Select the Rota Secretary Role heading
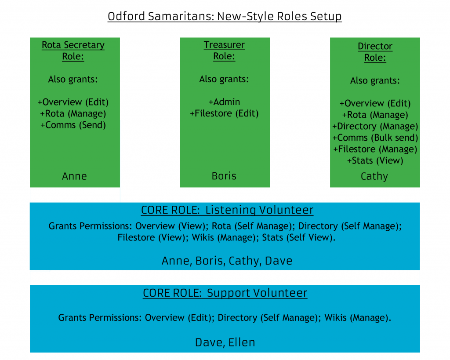pyautogui.click(x=73, y=51)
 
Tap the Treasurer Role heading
pyautogui.click(x=224, y=50)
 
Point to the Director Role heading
pyautogui.click(x=375, y=52)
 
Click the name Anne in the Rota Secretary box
pyautogui.click(x=74, y=176)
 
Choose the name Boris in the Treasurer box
pyautogui.click(x=224, y=176)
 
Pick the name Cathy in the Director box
pyautogui.click(x=374, y=176)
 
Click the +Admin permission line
pyautogui.click(x=224, y=102)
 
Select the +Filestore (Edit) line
pyautogui.click(x=224, y=113)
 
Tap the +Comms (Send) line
pyautogui.click(x=73, y=125)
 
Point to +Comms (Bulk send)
pyautogui.click(x=375, y=138)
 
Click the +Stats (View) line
pyautogui.click(x=375, y=160)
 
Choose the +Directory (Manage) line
pyautogui.click(x=375, y=126)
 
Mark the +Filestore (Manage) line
pyautogui.click(x=375, y=149)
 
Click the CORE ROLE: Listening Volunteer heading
pyautogui.click(x=227, y=210)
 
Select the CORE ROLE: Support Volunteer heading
pyautogui.click(x=225, y=293)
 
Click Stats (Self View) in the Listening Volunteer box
pyautogui.click(x=299, y=238)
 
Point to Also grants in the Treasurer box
pyautogui.click(x=224, y=79)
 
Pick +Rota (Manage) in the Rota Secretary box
pyautogui.click(x=73, y=113)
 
